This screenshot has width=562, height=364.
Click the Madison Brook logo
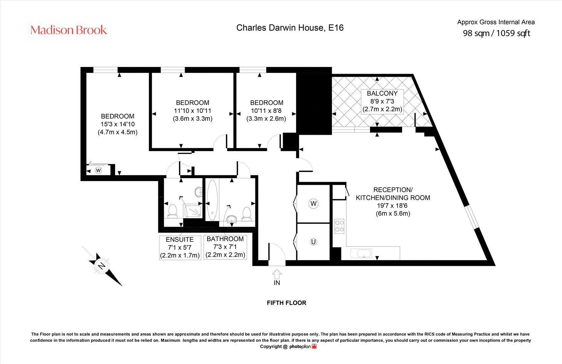click(69, 30)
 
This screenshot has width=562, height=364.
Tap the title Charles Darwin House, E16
click(290, 28)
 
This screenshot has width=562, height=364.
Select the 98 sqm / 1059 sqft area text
click(496, 33)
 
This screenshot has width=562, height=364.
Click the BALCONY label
click(382, 93)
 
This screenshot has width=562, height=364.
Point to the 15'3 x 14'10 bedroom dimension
click(118, 124)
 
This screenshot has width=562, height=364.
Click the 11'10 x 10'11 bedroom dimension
click(192, 111)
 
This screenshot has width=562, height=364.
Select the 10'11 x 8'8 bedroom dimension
click(266, 111)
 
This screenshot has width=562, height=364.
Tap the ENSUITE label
click(180, 240)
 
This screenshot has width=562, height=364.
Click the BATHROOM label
click(225, 239)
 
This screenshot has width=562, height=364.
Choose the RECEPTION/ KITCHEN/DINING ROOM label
click(393, 194)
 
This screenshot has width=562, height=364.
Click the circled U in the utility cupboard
click(313, 242)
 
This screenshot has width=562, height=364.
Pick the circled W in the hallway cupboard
click(313, 204)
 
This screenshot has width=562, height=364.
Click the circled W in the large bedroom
click(98, 170)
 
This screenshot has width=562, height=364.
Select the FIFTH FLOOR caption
click(286, 303)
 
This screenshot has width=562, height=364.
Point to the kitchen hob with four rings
click(339, 226)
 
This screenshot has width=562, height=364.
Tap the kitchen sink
click(361, 253)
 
